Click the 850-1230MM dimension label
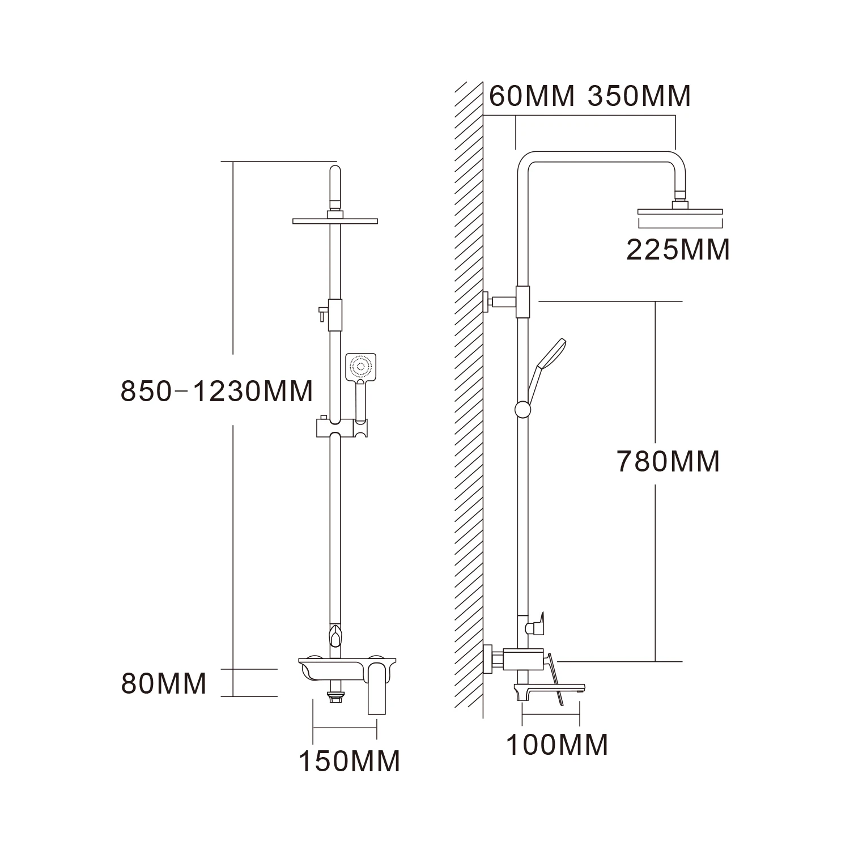[x=216, y=391]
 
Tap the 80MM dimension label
[x=164, y=683]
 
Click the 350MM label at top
[x=639, y=96]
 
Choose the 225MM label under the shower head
[x=678, y=250]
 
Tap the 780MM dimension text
[x=668, y=461]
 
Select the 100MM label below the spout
[x=556, y=745]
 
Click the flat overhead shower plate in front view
[x=335, y=221]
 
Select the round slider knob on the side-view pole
[x=522, y=409]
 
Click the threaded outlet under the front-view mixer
[x=336, y=696]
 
